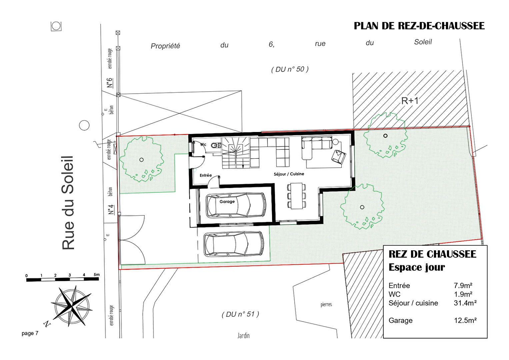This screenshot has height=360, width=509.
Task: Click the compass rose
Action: [x=72, y=306]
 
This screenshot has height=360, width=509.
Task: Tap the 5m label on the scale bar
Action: [x=96, y=275]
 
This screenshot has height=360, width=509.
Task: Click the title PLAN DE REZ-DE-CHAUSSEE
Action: [x=419, y=26]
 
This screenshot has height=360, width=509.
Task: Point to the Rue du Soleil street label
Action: [x=68, y=203]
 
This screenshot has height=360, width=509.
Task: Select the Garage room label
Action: [x=227, y=202]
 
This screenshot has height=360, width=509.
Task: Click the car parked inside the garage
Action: [x=236, y=205]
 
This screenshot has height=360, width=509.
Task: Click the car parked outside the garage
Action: [x=234, y=244]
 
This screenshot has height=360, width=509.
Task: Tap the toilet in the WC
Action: [x=216, y=145]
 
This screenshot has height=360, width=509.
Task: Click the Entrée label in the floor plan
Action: [x=206, y=175]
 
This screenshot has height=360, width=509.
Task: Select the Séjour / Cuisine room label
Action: [x=289, y=174]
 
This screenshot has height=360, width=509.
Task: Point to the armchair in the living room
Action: [x=339, y=157]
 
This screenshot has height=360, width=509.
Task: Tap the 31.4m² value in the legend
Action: [x=465, y=303]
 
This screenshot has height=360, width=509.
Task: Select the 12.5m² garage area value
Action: [x=465, y=320]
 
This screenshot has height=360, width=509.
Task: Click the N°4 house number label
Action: [x=111, y=210]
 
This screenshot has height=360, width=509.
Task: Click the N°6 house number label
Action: [x=110, y=83]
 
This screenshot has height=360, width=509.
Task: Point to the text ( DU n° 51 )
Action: [x=240, y=314]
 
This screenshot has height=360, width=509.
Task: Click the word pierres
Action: [x=326, y=305]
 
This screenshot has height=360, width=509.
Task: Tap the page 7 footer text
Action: [x=30, y=333]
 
